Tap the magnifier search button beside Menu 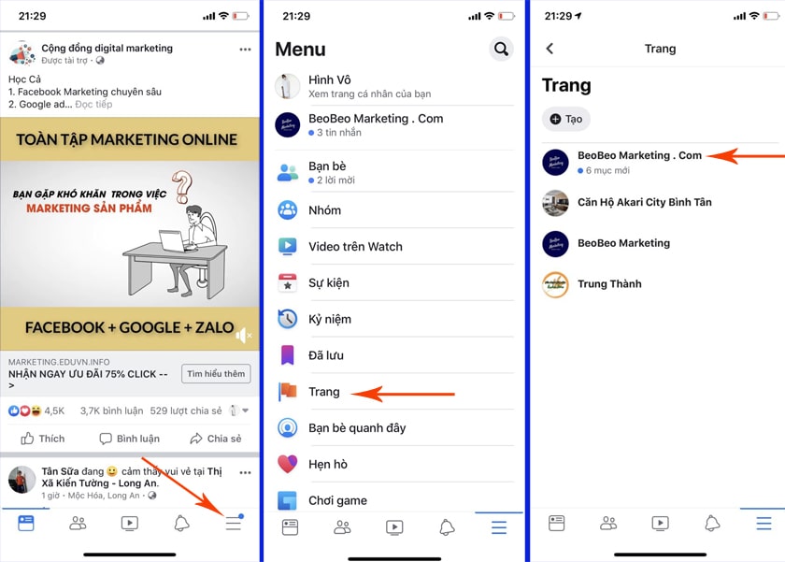pos(501,49)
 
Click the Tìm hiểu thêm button pos(216,374)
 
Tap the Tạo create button pos(565,119)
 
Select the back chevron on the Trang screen pos(549,49)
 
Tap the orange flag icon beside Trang pos(288,392)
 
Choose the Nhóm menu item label pos(324,210)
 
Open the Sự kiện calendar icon pos(288,283)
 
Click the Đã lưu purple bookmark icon pos(288,355)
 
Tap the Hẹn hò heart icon pos(288,464)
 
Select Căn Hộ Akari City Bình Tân pos(644,202)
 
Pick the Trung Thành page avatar pos(555,284)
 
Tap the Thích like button pos(43,439)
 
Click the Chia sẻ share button pos(215,439)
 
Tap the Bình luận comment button pos(129,439)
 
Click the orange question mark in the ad pos(181,186)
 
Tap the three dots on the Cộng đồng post pos(245,49)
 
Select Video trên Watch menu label pos(355,247)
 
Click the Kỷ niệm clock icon pos(288,319)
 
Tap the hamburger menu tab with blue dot pos(234,523)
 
